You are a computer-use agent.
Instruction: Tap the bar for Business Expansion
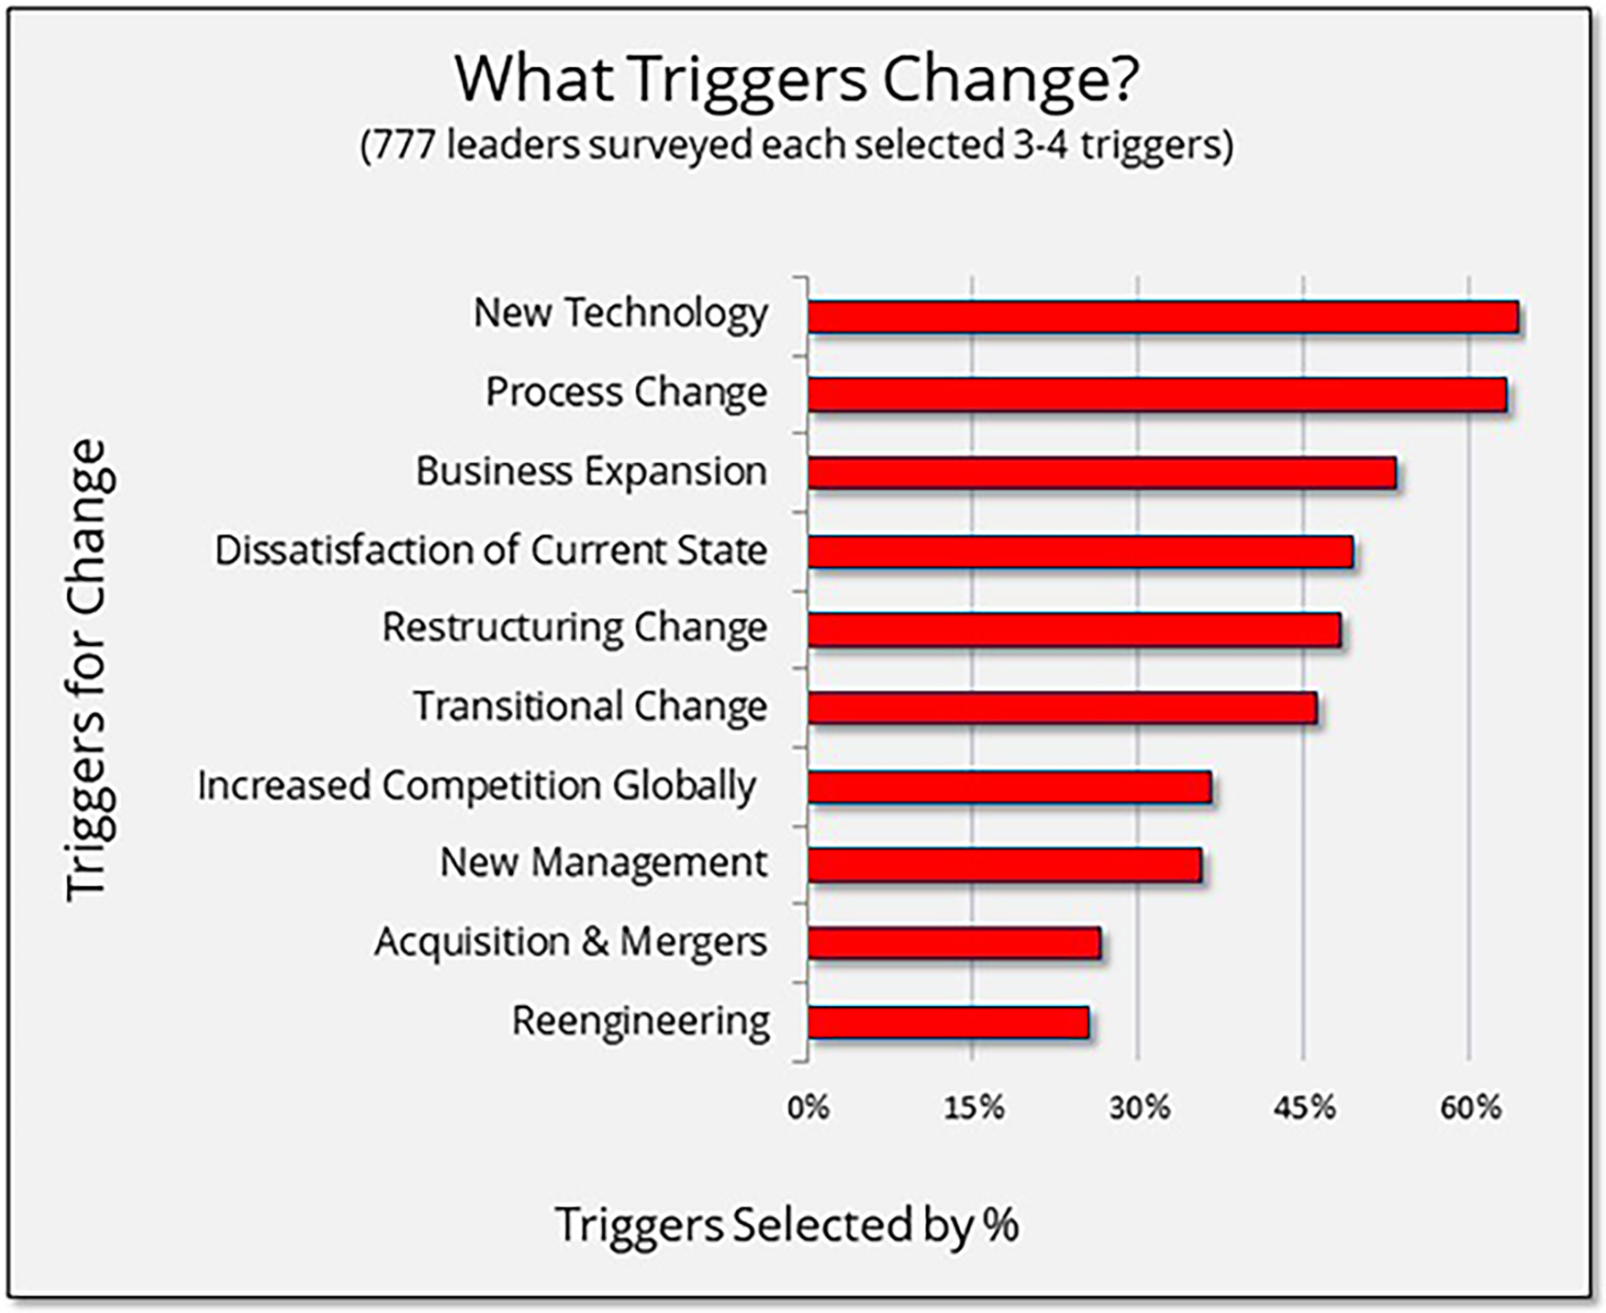pos(1102,474)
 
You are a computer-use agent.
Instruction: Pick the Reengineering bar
pos(948,1022)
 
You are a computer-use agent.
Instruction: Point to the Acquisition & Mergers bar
pos(954,944)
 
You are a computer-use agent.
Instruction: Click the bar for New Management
pos(1005,865)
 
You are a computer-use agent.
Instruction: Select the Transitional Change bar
pos(1062,708)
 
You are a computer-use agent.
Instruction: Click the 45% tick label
pos(1304,1109)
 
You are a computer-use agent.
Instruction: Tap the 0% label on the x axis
pos(807,1109)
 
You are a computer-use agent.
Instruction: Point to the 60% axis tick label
pos(1470,1109)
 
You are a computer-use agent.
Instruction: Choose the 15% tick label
pos(973,1109)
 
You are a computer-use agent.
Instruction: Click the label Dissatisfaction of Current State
pos(491,550)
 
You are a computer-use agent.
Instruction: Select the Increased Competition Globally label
pos(476,786)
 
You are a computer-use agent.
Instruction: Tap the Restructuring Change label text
pos(574,628)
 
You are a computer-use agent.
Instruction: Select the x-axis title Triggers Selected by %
pos(786,1225)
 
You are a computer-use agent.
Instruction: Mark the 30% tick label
pos(1139,1109)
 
